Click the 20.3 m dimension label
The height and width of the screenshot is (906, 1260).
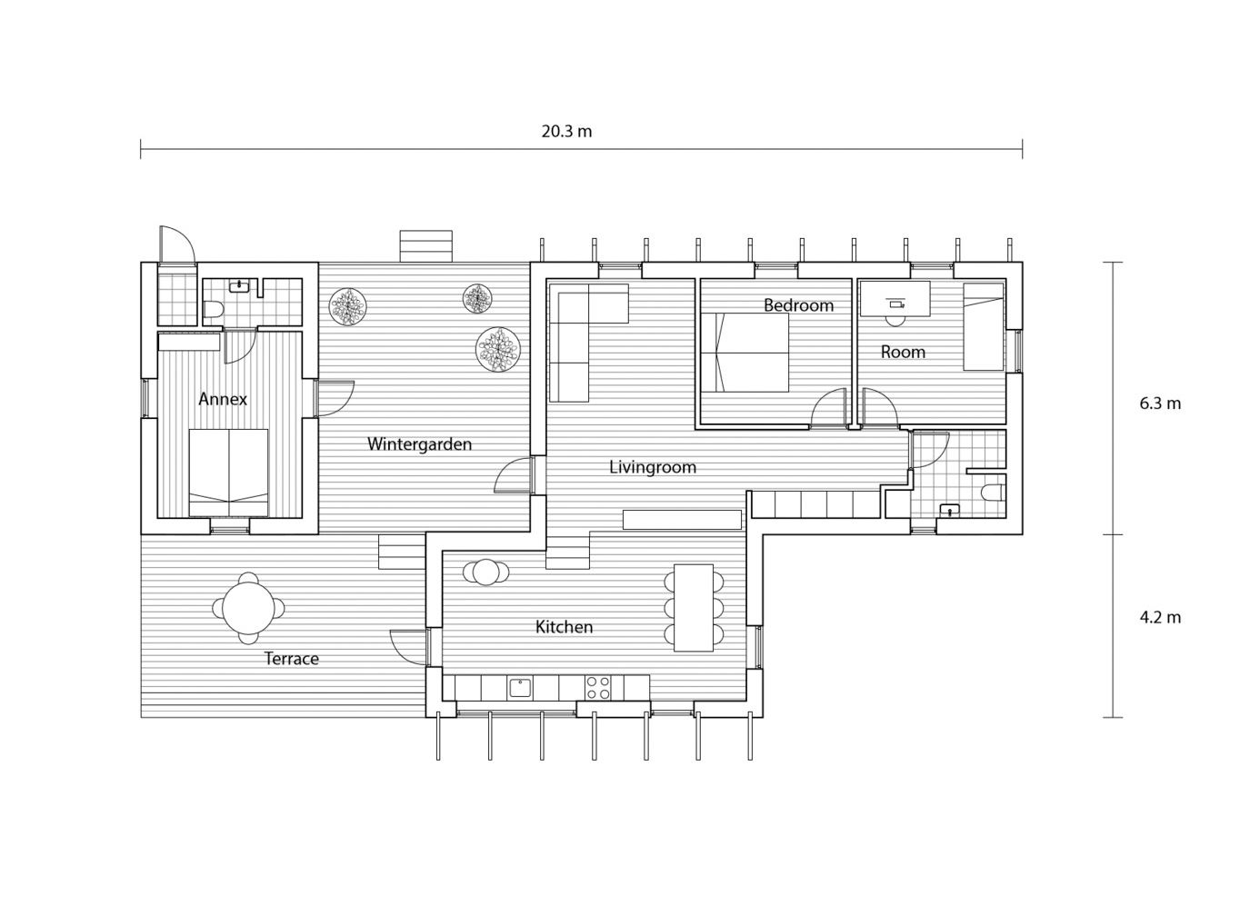[566, 132]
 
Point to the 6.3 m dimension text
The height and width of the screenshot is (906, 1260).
[1160, 403]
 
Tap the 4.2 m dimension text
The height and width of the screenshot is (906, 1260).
[1160, 617]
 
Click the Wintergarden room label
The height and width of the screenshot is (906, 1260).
[419, 444]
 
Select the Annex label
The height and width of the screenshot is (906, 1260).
[223, 399]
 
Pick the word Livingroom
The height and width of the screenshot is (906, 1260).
[653, 467]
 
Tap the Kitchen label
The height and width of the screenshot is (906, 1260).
[564, 627]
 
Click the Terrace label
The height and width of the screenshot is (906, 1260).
[292, 659]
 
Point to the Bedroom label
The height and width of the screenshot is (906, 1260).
[798, 305]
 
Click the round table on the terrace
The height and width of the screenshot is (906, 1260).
[248, 608]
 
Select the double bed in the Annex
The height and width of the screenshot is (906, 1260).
[228, 473]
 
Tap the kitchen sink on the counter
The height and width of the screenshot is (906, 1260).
[520, 688]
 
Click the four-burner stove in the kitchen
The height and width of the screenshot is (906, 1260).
[598, 688]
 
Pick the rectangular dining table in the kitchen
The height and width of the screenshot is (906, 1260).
[694, 607]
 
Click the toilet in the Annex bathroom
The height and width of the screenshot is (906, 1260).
[214, 308]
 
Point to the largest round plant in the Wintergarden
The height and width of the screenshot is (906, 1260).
[498, 349]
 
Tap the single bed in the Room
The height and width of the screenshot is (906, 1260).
[984, 327]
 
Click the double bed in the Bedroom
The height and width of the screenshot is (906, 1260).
[745, 353]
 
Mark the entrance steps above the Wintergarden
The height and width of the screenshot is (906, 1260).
[425, 245]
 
